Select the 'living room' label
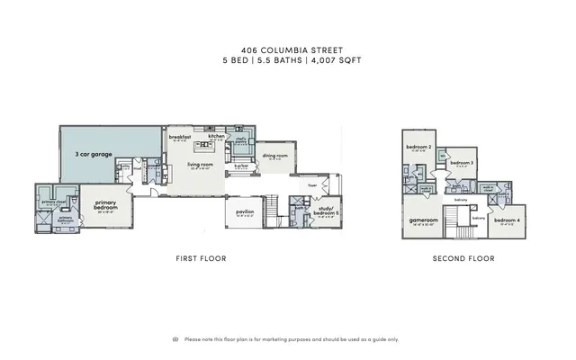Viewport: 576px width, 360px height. pyautogui.click(x=200, y=165)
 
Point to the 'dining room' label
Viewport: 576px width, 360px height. pyautogui.click(x=274, y=156)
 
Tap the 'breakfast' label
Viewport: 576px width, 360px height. pyautogui.click(x=180, y=137)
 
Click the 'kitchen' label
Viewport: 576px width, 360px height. pyautogui.click(x=216, y=137)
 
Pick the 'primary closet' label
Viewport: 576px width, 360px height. pyautogui.click(x=51, y=202)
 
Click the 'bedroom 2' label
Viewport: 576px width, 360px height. pyautogui.click(x=418, y=147)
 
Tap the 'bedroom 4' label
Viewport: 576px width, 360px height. pyautogui.click(x=507, y=220)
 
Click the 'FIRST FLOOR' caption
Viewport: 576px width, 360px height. pyautogui.click(x=200, y=258)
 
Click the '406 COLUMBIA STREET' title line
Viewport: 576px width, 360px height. pyautogui.click(x=288, y=51)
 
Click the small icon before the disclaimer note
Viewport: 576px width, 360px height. pyautogui.click(x=175, y=339)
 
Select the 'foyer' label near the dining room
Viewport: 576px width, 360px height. pyautogui.click(x=313, y=186)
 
